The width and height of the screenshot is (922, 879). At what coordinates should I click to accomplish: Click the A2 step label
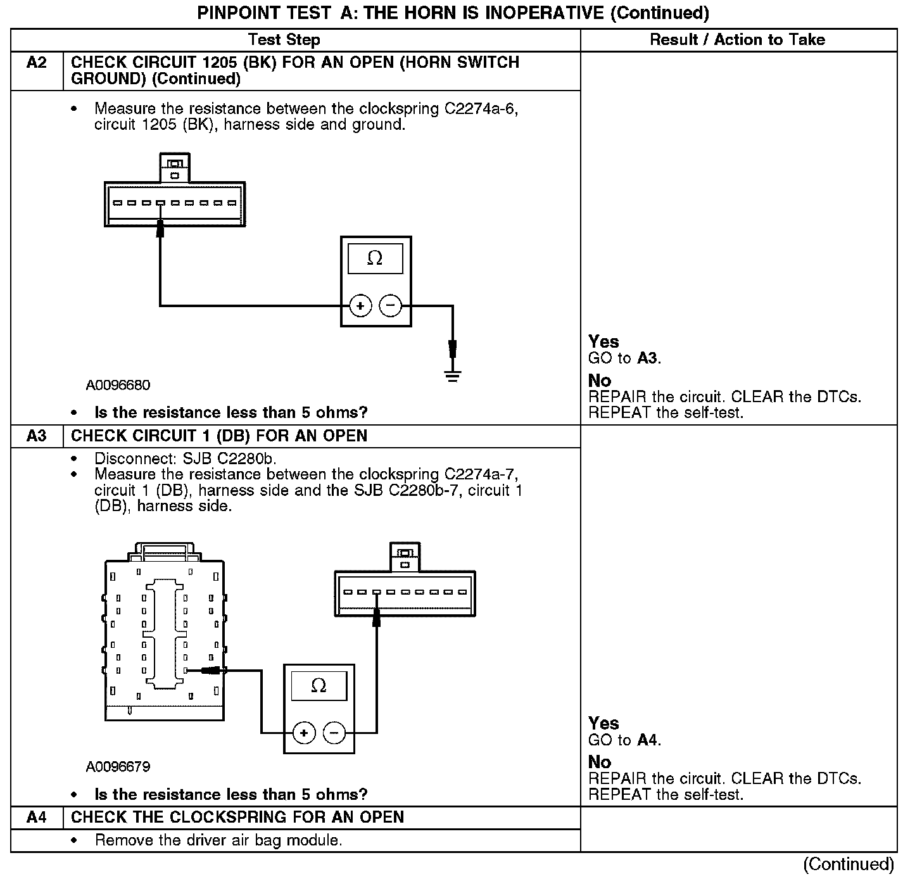pos(37,63)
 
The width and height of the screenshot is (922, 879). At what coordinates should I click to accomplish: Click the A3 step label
pos(37,436)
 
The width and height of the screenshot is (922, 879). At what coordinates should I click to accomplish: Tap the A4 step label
pos(37,818)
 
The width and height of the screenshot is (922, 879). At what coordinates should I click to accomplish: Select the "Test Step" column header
pos(284,40)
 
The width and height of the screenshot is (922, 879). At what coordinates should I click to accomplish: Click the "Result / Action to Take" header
pos(738,40)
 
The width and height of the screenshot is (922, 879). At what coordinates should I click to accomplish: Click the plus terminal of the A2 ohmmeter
pos(360,307)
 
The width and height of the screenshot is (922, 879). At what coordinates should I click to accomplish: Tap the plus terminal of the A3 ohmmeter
pos(304,733)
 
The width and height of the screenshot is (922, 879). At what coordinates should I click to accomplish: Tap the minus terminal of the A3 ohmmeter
pos(334,733)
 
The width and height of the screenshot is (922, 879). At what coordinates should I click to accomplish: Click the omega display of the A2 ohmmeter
pos(376,258)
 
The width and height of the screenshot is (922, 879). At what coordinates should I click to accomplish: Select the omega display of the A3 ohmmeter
pos(319,685)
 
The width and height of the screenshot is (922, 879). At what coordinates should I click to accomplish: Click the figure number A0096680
pos(118,385)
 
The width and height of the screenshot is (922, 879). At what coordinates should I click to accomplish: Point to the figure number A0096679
pos(118,767)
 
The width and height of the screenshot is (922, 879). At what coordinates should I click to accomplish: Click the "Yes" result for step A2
pos(603,342)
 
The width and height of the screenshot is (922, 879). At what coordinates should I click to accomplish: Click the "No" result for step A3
pos(600,762)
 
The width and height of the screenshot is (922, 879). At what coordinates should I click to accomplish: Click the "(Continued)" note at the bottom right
pos(849,864)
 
